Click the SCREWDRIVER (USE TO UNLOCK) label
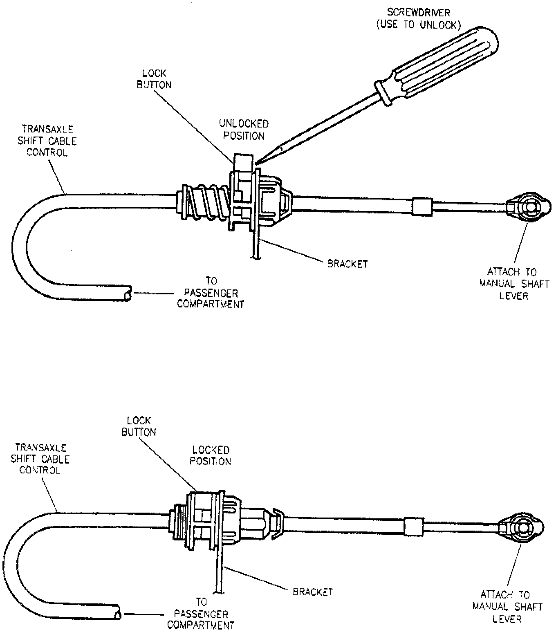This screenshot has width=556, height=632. pyautogui.click(x=418, y=19)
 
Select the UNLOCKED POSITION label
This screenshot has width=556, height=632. pyautogui.click(x=244, y=130)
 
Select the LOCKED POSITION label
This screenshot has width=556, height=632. pyautogui.click(x=211, y=455)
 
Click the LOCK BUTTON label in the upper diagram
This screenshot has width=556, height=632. pyautogui.click(x=154, y=79)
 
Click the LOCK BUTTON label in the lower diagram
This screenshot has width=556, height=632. pyautogui.click(x=139, y=426)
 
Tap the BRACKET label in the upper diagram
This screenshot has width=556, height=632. pyautogui.click(x=347, y=264)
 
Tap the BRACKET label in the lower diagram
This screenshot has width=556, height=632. pyautogui.click(x=313, y=592)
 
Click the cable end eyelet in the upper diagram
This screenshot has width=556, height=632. pyautogui.click(x=530, y=207)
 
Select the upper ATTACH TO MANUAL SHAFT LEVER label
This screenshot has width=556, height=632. pyautogui.click(x=514, y=284)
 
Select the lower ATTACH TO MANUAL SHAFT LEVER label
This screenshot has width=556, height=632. pyautogui.click(x=507, y=606)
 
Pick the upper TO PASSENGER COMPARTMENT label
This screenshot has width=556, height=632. pyautogui.click(x=211, y=293)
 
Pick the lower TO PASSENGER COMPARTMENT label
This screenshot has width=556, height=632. pyautogui.click(x=201, y=613)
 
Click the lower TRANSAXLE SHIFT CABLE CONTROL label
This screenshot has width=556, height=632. pyautogui.click(x=40, y=459)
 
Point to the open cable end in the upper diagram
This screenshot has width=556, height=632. pyautogui.click(x=128, y=294)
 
